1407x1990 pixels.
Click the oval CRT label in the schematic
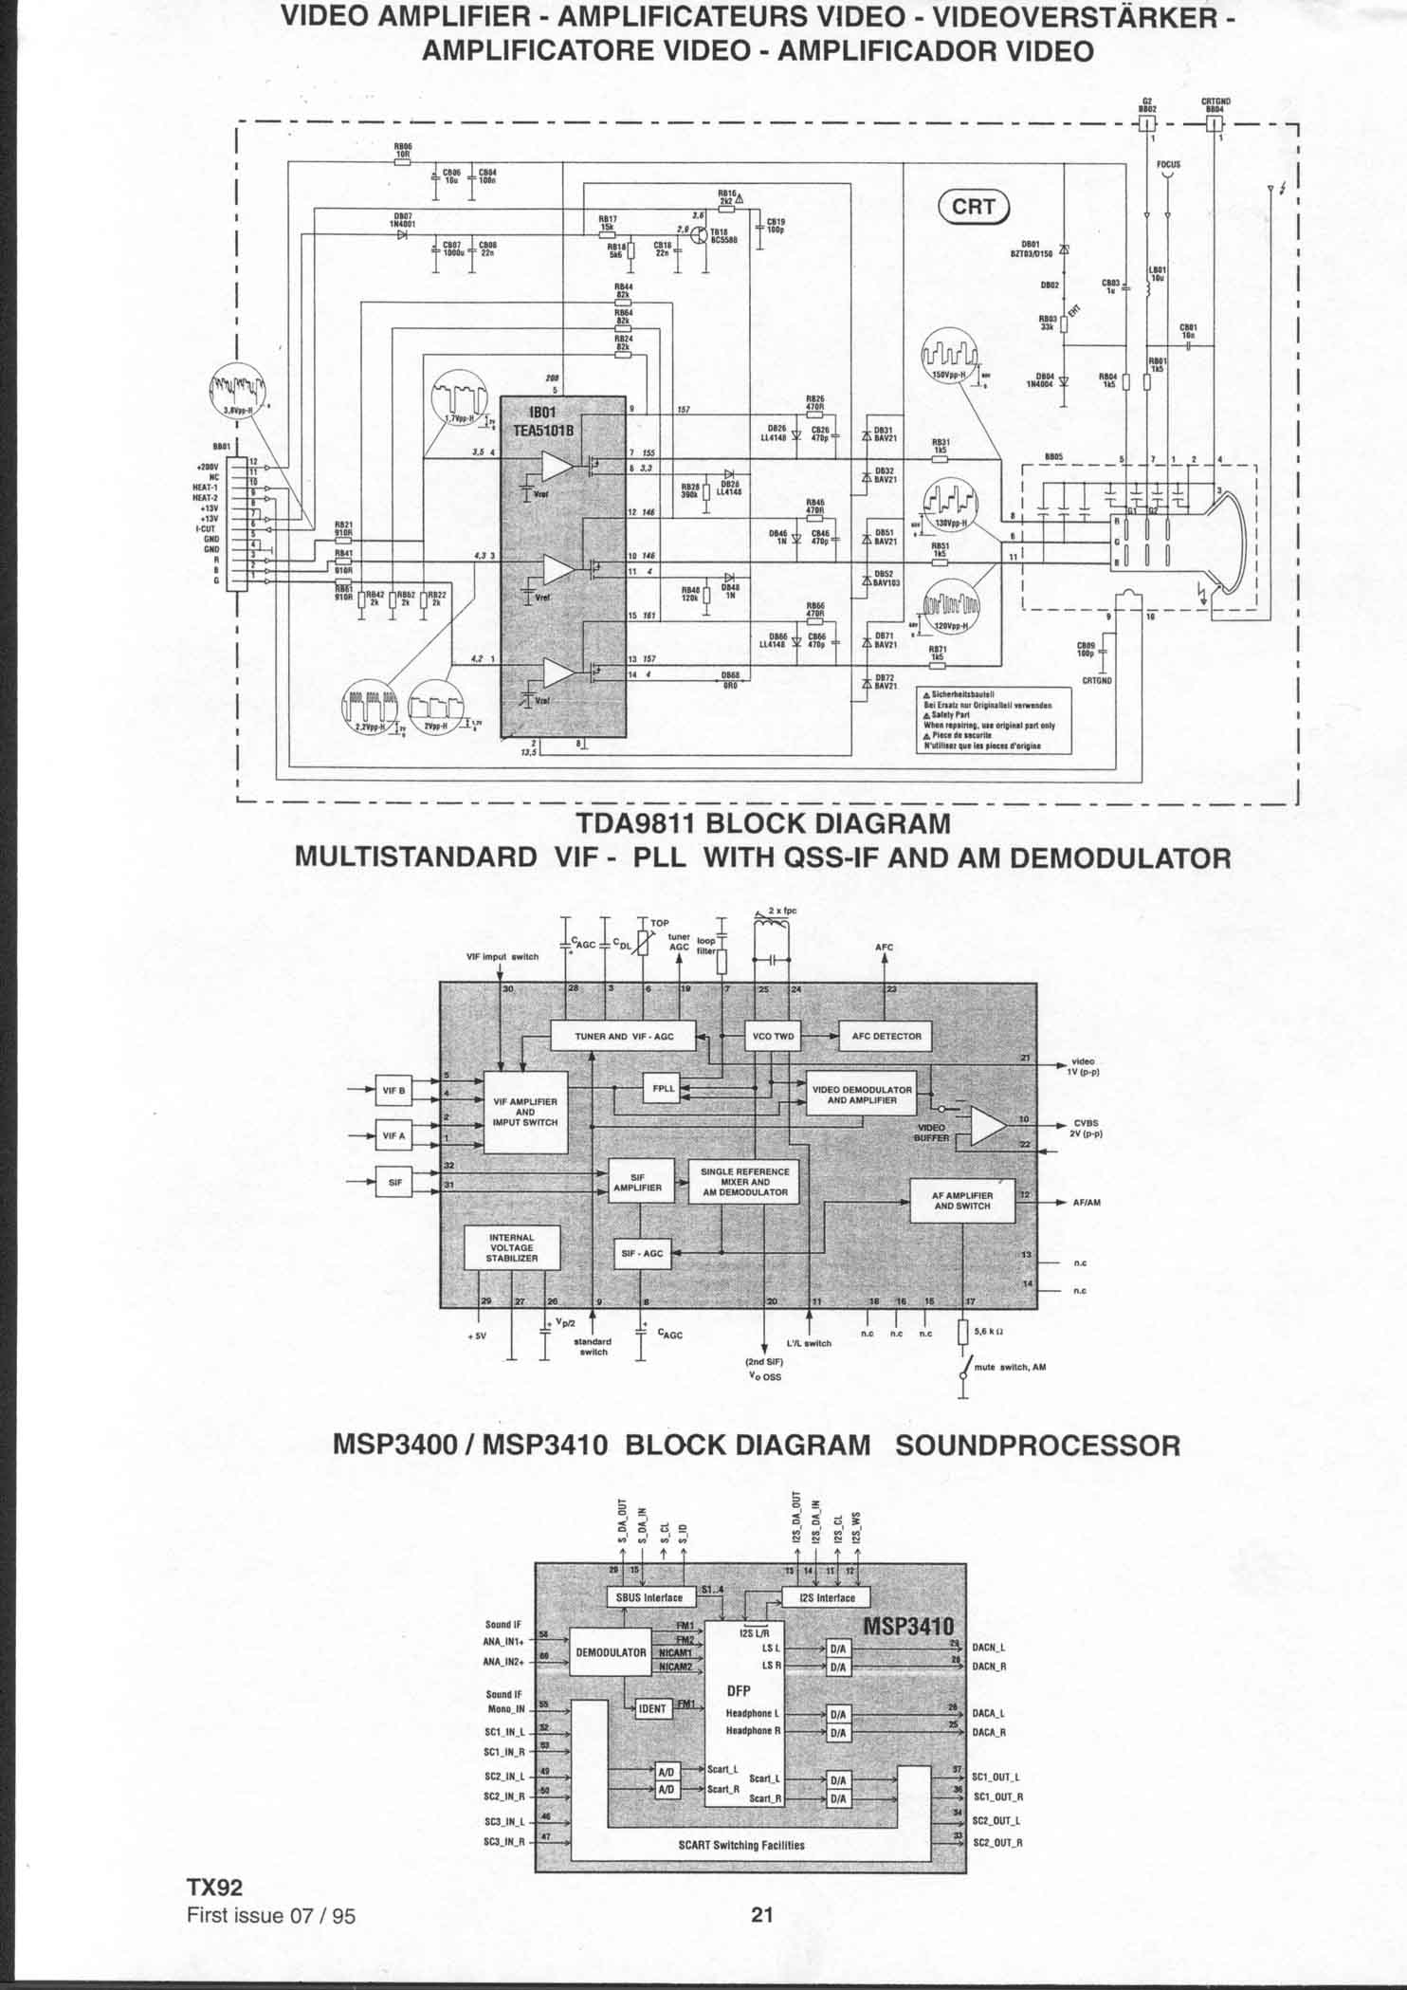(x=974, y=208)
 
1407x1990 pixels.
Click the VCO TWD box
(x=773, y=1036)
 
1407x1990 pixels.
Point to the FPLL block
(x=663, y=1088)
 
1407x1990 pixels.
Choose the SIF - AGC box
(x=642, y=1253)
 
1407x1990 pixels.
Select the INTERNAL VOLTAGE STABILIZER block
(x=512, y=1247)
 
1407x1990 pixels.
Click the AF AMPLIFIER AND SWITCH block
(x=962, y=1201)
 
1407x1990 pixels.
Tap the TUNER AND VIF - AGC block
(x=624, y=1036)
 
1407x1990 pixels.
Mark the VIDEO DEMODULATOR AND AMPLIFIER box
(x=862, y=1095)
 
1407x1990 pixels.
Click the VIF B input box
(x=393, y=1090)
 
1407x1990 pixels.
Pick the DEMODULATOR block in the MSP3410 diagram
(x=611, y=1652)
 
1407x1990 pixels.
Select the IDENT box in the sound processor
(x=653, y=1708)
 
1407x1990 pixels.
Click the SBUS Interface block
(x=649, y=1597)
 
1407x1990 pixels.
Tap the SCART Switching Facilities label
(x=741, y=1845)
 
